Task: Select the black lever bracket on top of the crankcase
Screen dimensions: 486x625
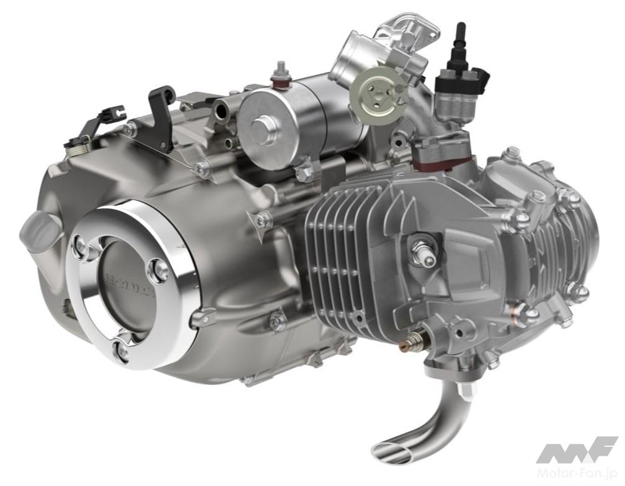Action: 163,118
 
